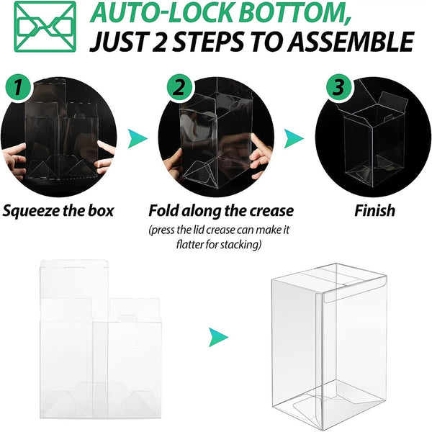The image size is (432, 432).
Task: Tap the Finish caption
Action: [x=374, y=211]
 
